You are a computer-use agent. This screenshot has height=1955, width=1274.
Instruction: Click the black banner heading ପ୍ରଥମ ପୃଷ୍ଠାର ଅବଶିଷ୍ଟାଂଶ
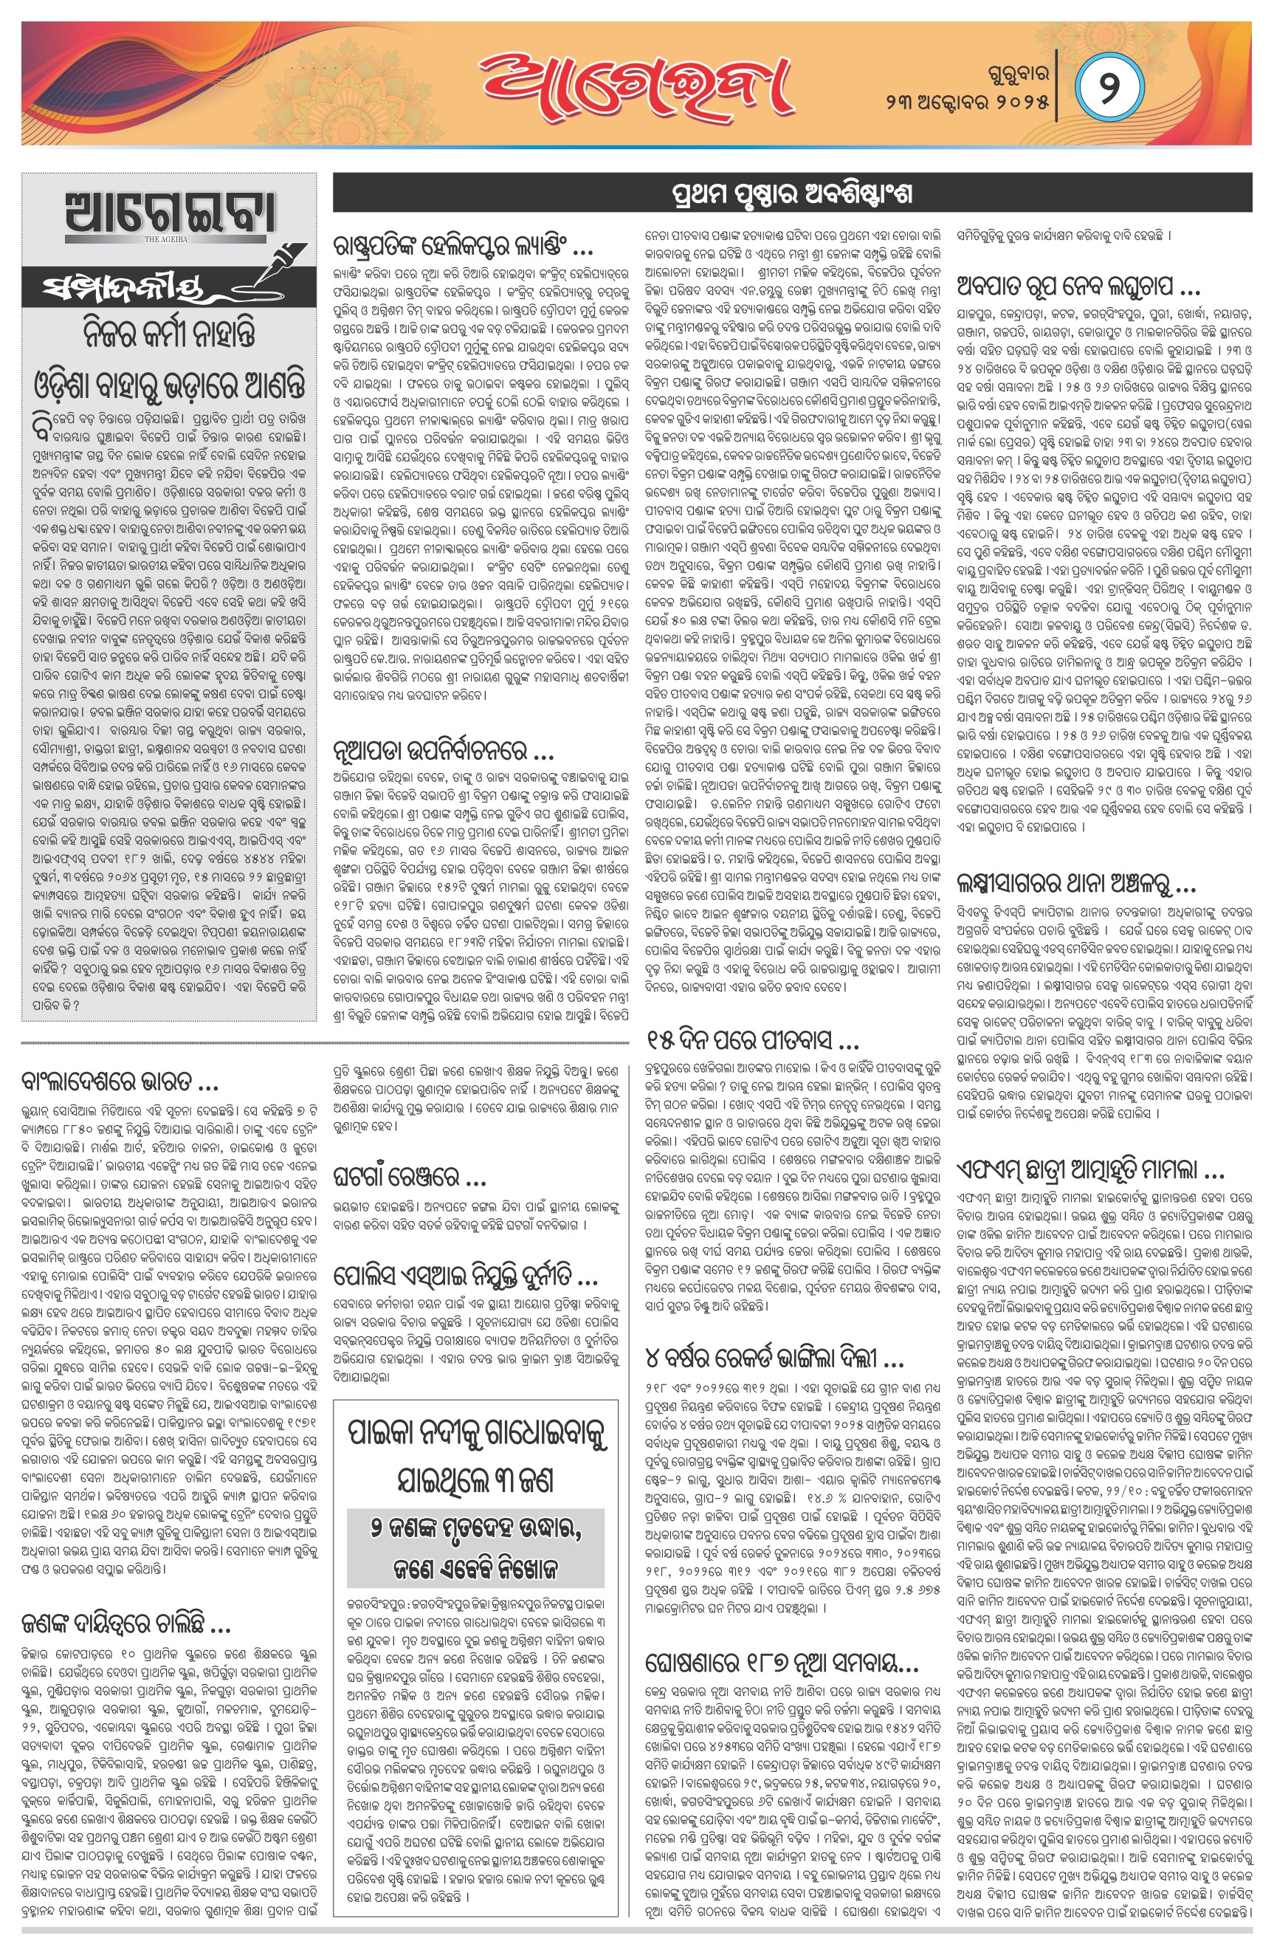click(x=792, y=195)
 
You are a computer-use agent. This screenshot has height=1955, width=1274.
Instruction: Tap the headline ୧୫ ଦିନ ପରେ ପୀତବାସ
click(x=751, y=1042)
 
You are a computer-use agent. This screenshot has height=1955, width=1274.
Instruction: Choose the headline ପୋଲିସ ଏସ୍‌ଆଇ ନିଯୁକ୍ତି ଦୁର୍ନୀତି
click(x=465, y=1277)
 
